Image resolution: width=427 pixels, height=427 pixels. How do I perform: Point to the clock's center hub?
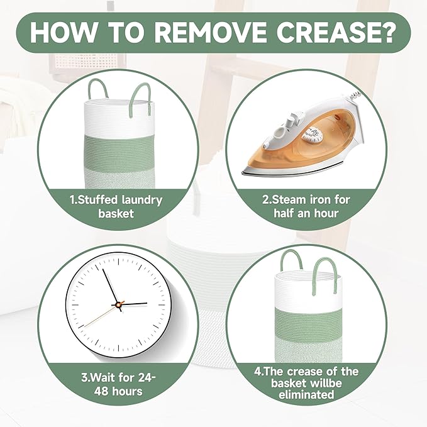(x=118, y=305)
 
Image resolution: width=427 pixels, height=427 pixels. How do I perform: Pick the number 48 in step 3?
(x=101, y=392)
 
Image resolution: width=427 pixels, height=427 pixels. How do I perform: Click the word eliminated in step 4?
(x=306, y=394)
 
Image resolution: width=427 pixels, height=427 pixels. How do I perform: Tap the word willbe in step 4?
(x=325, y=383)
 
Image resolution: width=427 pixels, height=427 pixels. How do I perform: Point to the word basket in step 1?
(x=116, y=213)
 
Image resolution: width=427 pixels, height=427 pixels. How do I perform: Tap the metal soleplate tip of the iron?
(x=244, y=172)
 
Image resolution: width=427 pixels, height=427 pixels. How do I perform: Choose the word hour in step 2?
(x=326, y=213)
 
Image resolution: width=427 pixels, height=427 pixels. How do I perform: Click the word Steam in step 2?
(x=289, y=200)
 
